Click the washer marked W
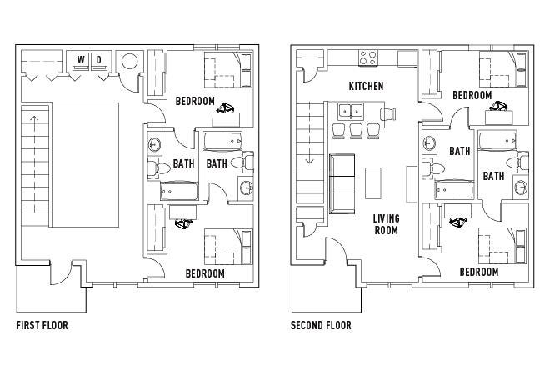81,62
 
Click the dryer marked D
99,62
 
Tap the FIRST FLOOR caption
42,325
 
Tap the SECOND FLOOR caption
321,325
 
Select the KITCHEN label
366,86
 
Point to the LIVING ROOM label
386,224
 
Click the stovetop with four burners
368,58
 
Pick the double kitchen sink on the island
351,112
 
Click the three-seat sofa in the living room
342,183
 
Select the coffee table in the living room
372,183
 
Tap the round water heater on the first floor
130,61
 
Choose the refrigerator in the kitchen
407,58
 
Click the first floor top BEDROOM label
195,101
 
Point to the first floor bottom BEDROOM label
205,273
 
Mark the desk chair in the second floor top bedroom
499,106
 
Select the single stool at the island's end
388,113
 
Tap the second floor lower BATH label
493,176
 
